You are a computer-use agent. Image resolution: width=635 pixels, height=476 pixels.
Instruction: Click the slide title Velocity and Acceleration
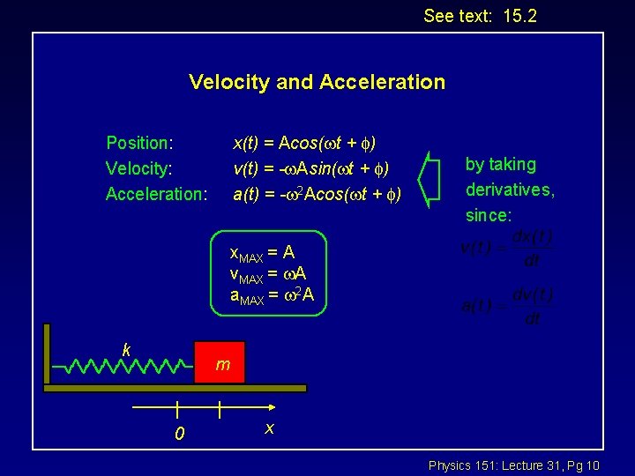317,82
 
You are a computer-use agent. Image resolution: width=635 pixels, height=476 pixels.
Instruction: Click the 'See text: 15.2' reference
480,16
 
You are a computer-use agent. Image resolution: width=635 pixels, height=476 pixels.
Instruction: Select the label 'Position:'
139,143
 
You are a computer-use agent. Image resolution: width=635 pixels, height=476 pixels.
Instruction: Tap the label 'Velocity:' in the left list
138,168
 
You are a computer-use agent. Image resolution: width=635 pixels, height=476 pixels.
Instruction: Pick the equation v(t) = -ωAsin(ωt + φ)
310,168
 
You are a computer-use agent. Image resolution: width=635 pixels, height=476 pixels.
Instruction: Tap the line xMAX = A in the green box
262,253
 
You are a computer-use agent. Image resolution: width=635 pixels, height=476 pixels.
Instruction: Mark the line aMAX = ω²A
273,294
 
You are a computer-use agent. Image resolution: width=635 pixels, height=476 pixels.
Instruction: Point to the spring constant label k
127,350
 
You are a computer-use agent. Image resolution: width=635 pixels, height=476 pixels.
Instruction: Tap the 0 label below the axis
179,434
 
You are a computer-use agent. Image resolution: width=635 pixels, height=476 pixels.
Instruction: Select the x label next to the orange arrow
270,428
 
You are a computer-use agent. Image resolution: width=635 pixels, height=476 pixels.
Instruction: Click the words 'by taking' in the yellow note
501,165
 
